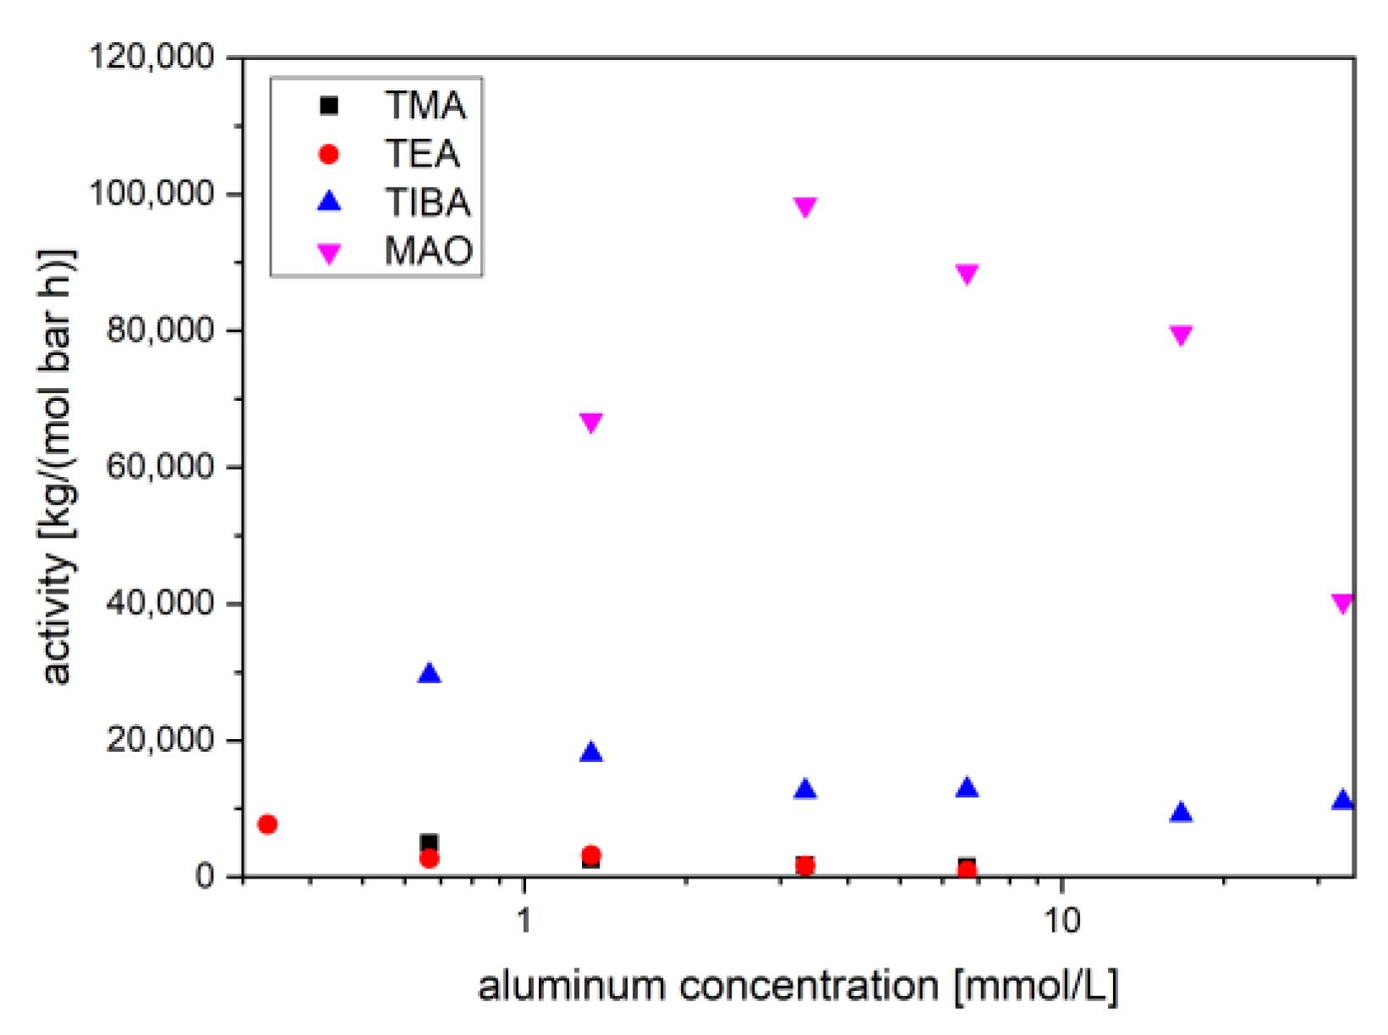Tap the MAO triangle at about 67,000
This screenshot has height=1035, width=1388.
591,422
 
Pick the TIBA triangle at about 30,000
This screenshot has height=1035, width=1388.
430,674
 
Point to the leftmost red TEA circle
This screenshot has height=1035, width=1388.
267,824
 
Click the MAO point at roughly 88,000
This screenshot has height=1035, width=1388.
967,274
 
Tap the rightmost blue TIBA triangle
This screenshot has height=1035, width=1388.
1342,799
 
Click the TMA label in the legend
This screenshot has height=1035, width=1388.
425,106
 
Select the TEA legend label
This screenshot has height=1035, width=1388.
423,154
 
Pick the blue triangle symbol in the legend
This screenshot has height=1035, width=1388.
328,202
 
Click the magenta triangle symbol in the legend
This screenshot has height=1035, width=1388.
328,253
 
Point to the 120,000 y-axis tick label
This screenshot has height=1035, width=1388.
152,57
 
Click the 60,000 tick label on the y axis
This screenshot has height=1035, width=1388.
161,466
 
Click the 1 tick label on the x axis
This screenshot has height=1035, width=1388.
524,919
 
